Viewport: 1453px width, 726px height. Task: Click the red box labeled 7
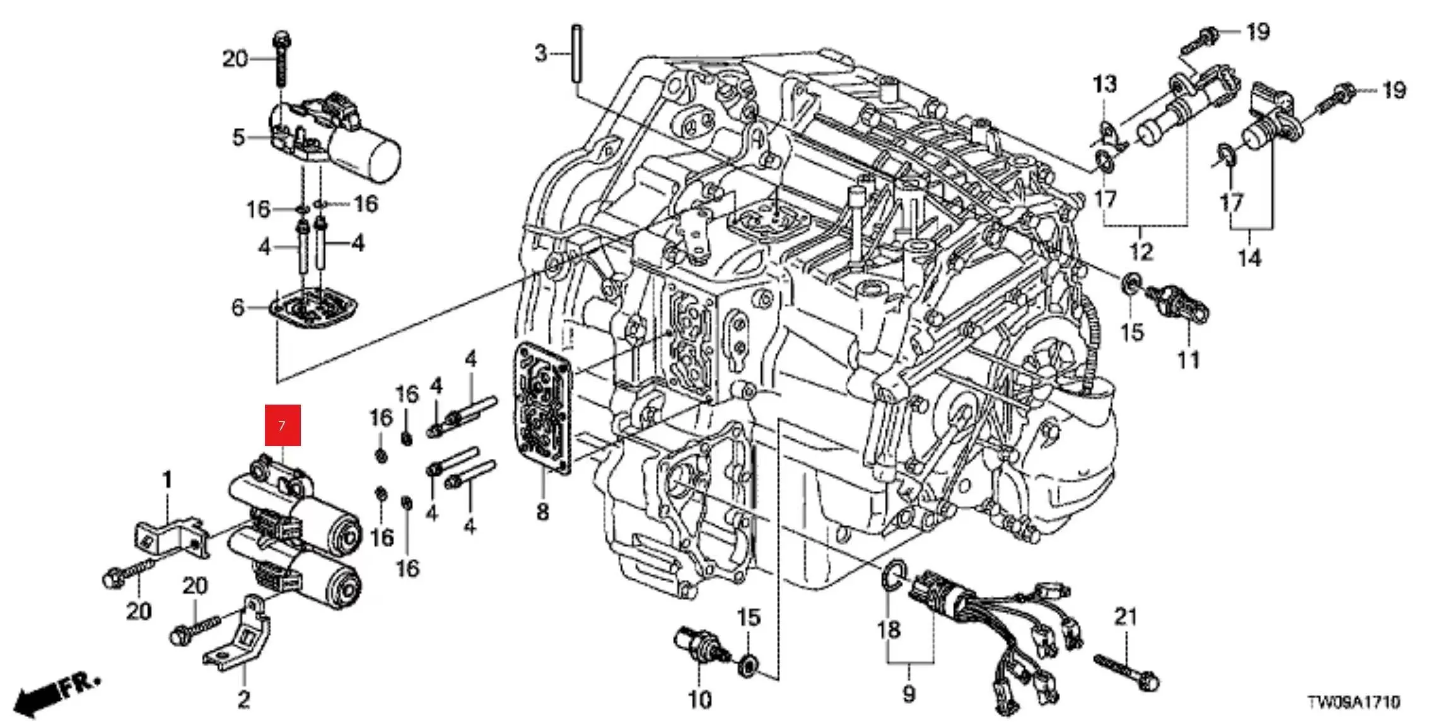(x=282, y=425)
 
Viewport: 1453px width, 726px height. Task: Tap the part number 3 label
(x=540, y=54)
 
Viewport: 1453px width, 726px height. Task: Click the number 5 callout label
(x=238, y=137)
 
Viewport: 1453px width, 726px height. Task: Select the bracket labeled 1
(x=172, y=535)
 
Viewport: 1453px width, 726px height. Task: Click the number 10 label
(x=699, y=699)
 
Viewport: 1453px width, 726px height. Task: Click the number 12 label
(x=1141, y=252)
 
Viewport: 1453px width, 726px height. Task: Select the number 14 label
(x=1249, y=258)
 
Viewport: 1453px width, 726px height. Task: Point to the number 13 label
(x=1104, y=84)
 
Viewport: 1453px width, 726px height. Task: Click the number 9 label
(x=909, y=694)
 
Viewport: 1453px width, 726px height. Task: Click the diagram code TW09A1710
(x=1354, y=702)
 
